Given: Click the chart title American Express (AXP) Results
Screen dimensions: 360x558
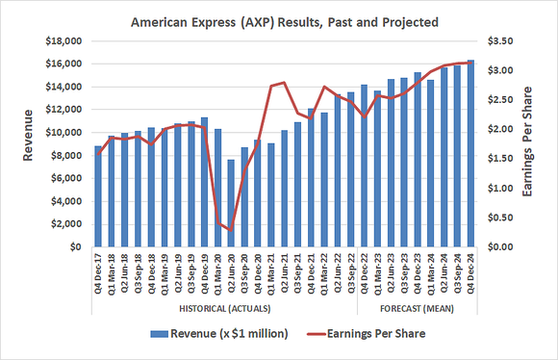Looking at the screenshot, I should (x=279, y=20).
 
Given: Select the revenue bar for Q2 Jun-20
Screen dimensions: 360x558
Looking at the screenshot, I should (x=231, y=203).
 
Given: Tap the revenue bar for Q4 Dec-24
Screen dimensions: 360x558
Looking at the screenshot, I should (x=470, y=154).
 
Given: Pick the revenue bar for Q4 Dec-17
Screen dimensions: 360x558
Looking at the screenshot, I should (x=98, y=196).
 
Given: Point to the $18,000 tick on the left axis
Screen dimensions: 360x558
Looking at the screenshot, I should (x=64, y=41).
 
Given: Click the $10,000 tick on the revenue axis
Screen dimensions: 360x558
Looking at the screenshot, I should (x=64, y=133).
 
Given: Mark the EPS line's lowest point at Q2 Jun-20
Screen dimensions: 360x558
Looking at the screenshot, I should (x=231, y=230).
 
